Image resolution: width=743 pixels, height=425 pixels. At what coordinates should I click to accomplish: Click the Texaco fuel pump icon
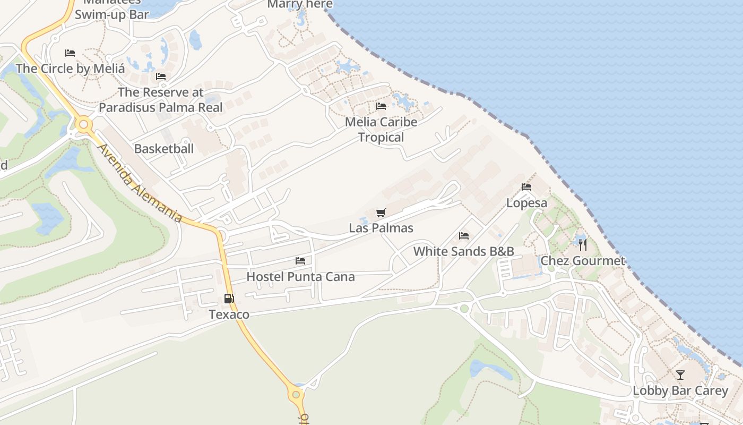pos(229,299)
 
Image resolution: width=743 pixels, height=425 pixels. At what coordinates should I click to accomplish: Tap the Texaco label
pos(229,314)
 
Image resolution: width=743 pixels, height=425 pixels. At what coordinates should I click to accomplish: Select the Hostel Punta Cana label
pos(300,277)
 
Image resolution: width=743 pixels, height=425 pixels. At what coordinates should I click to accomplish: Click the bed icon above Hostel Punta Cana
pos(300,261)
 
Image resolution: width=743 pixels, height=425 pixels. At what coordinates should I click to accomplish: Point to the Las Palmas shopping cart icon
pos(381,213)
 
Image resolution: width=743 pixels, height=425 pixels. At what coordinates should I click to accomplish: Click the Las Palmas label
pos(381,228)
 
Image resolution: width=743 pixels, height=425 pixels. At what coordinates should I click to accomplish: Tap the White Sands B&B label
pos(464,251)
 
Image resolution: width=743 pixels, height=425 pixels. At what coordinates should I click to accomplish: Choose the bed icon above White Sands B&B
pos(464,236)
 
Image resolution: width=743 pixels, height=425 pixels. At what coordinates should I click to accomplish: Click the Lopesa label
pos(526,203)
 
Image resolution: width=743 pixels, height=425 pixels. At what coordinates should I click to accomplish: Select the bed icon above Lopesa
pos(526,187)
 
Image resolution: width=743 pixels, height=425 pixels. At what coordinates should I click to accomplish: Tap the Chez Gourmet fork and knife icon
pos(583,245)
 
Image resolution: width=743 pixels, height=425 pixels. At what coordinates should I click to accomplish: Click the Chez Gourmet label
pos(583,261)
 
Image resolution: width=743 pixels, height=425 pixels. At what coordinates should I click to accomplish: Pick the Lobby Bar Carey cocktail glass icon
pos(680,375)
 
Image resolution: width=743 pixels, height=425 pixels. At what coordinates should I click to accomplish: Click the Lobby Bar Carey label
pos(680,391)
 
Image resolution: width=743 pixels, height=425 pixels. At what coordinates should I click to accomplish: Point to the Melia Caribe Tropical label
pos(381,130)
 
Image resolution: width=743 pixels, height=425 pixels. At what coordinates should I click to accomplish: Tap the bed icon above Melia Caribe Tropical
pos(381,106)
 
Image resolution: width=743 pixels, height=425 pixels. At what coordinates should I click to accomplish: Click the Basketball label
pos(163,149)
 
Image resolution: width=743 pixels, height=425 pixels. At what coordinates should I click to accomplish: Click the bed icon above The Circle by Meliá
pos(70,53)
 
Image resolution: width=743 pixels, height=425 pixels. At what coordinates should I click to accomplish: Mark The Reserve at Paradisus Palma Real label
pos(160,100)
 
